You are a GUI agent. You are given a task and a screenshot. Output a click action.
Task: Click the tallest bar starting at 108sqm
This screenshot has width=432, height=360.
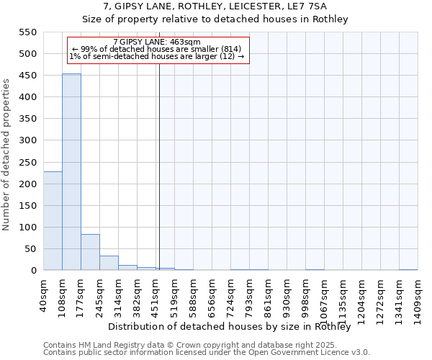[71, 172]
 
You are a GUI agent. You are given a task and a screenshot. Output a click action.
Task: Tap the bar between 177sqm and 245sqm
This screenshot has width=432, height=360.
[90, 252]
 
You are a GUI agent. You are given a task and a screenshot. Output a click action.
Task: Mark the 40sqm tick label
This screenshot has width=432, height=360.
[44, 294]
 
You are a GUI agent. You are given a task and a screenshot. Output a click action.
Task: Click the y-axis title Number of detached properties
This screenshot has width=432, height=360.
[7, 155]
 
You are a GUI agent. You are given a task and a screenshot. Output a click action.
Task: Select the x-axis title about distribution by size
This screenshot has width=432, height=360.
[234, 327]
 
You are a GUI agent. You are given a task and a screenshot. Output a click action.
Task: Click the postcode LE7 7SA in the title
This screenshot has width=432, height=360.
[311, 6]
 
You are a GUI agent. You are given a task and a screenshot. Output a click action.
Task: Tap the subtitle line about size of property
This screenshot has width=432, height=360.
[215, 19]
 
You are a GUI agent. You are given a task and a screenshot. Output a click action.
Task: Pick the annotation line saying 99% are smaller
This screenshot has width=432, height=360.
[157, 49]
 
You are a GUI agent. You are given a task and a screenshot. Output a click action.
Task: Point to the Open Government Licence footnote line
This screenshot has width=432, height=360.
[207, 352]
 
